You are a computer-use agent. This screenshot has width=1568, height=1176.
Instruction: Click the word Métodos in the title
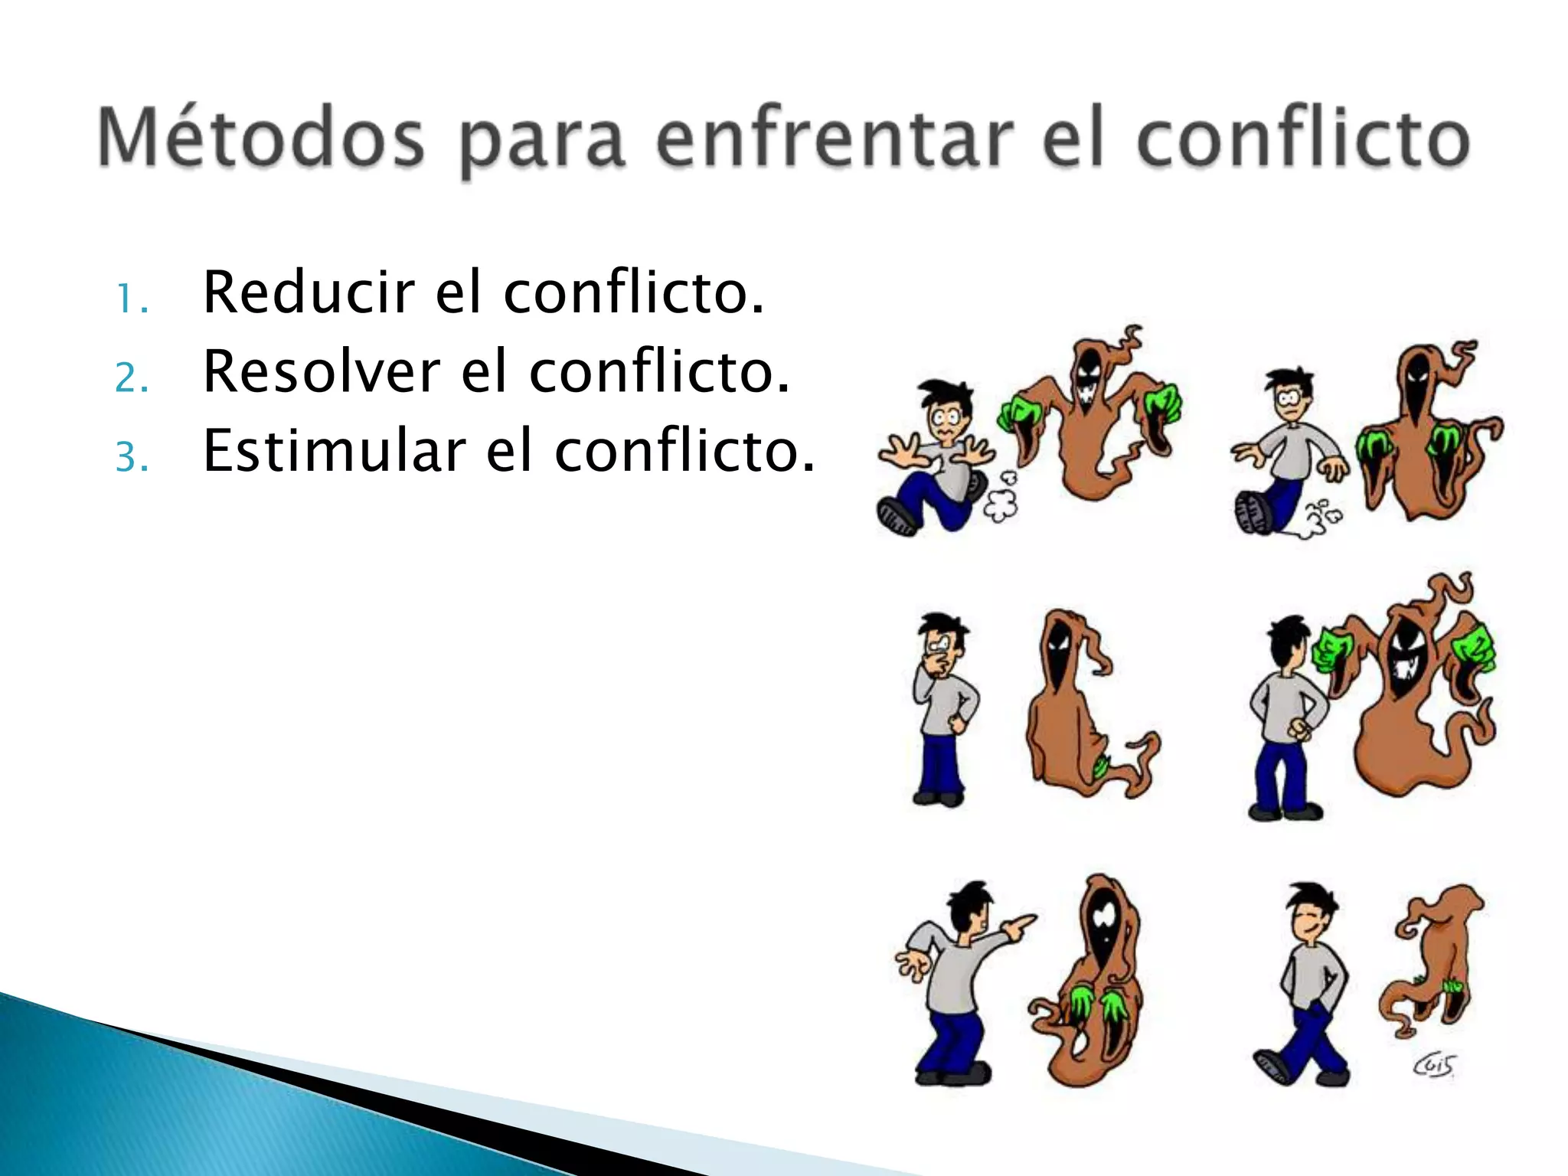[260, 138]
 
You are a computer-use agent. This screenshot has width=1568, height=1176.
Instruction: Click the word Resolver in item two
[322, 372]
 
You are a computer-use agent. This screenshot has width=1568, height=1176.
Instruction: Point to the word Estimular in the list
[334, 451]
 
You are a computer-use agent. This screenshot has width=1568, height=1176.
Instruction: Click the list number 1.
[130, 299]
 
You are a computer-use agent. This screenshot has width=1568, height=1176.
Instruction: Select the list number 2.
[131, 378]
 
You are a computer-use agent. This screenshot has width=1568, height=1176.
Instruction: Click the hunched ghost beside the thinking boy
[1072, 704]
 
